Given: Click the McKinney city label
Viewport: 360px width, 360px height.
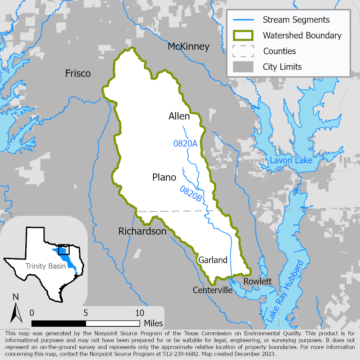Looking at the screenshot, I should pyautogui.click(x=188, y=47).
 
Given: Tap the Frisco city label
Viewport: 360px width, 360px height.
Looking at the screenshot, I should pyautogui.click(x=78, y=73).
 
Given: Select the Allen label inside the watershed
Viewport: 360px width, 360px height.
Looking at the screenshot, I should pyautogui.click(x=179, y=116).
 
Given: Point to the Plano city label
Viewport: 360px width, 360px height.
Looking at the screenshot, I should pyautogui.click(x=164, y=177).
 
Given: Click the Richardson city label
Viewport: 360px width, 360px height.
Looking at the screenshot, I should pyautogui.click(x=142, y=231).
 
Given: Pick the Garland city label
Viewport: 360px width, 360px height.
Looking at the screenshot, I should pyautogui.click(x=213, y=260).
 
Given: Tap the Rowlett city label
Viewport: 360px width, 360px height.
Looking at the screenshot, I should pyautogui.click(x=257, y=281).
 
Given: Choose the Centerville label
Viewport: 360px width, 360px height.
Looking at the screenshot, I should pyautogui.click(x=213, y=290).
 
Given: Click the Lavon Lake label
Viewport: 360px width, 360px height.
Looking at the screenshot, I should pyautogui.click(x=291, y=160).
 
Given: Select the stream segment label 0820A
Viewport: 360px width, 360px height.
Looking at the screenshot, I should pyautogui.click(x=185, y=144).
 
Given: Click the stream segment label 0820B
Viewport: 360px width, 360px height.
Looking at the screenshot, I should pyautogui.click(x=190, y=193).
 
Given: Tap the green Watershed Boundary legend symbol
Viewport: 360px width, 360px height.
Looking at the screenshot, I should pyautogui.click(x=243, y=35).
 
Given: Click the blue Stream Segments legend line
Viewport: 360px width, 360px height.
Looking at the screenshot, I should pyautogui.click(x=243, y=20).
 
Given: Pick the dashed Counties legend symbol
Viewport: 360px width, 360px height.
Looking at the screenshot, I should pyautogui.click(x=243, y=51).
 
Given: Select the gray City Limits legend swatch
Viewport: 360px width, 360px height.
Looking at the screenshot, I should pyautogui.click(x=243, y=67).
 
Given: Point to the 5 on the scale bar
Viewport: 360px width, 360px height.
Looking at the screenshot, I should pyautogui.click(x=86, y=313).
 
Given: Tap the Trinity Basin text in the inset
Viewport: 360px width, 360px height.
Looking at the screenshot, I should pyautogui.click(x=45, y=266).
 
